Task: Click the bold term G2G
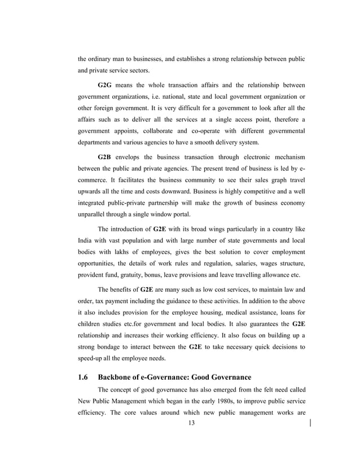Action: click(106, 85)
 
